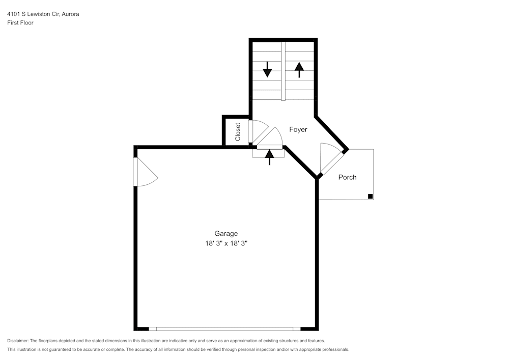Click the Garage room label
[225, 234]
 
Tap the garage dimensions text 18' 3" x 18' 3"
[225, 244]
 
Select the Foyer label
[298, 130]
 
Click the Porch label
[347, 177]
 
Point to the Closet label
[238, 131]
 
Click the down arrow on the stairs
[267, 69]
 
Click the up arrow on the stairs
[299, 69]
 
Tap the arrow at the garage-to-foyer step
[270, 157]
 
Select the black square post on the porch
[370, 197]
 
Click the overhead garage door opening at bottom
[224, 329]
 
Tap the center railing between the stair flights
[284, 71]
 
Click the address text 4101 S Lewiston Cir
[33, 14]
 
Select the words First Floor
[20, 23]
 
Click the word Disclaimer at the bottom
[18, 341]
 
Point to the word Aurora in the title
[70, 14]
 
